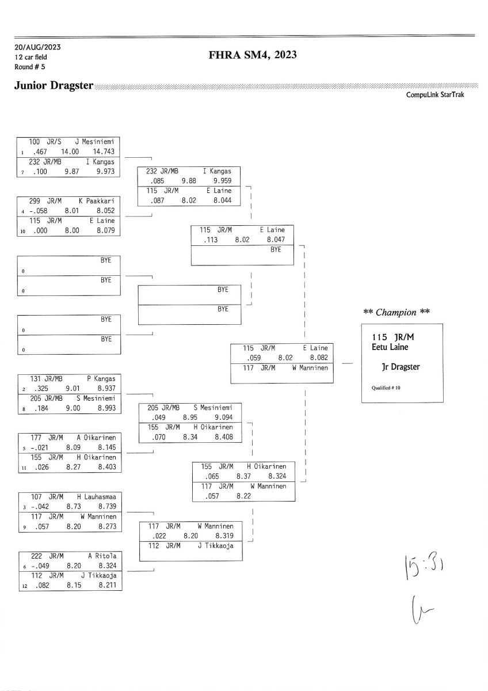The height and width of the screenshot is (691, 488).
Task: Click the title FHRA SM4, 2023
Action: [x=253, y=55]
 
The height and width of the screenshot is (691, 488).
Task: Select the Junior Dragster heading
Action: [x=54, y=86]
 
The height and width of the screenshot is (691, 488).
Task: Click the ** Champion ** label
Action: [x=396, y=312]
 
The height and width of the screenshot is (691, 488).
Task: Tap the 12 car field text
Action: [x=32, y=56]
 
